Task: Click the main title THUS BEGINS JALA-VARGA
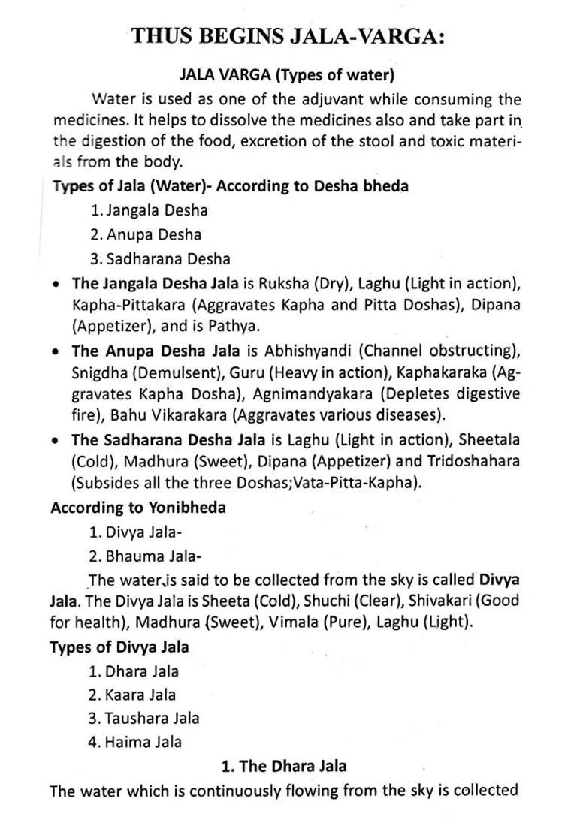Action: click(x=288, y=36)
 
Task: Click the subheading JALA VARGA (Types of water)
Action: click(x=288, y=75)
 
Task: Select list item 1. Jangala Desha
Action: click(x=149, y=210)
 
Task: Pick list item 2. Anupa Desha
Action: click(x=146, y=234)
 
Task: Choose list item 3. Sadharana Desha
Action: click(x=159, y=258)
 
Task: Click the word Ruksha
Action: click(x=282, y=284)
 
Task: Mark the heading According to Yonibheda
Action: click(x=138, y=508)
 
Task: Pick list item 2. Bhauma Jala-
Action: click(x=145, y=556)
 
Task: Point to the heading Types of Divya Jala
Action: click(x=119, y=647)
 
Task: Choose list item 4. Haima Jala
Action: click(x=135, y=742)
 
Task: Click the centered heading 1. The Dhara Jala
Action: click(x=284, y=766)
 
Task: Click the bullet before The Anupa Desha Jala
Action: click(x=56, y=351)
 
